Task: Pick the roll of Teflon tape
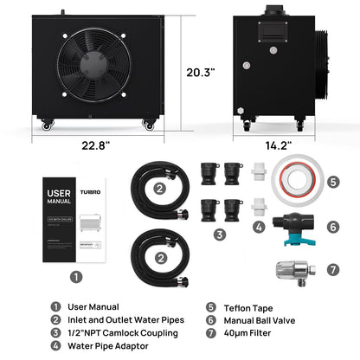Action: coord(295,183)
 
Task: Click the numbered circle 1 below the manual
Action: coord(76,278)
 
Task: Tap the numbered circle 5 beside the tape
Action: coord(332,183)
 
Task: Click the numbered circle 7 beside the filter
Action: coord(332,269)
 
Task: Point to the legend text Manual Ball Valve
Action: coord(260,319)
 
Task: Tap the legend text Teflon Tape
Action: coord(247,305)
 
